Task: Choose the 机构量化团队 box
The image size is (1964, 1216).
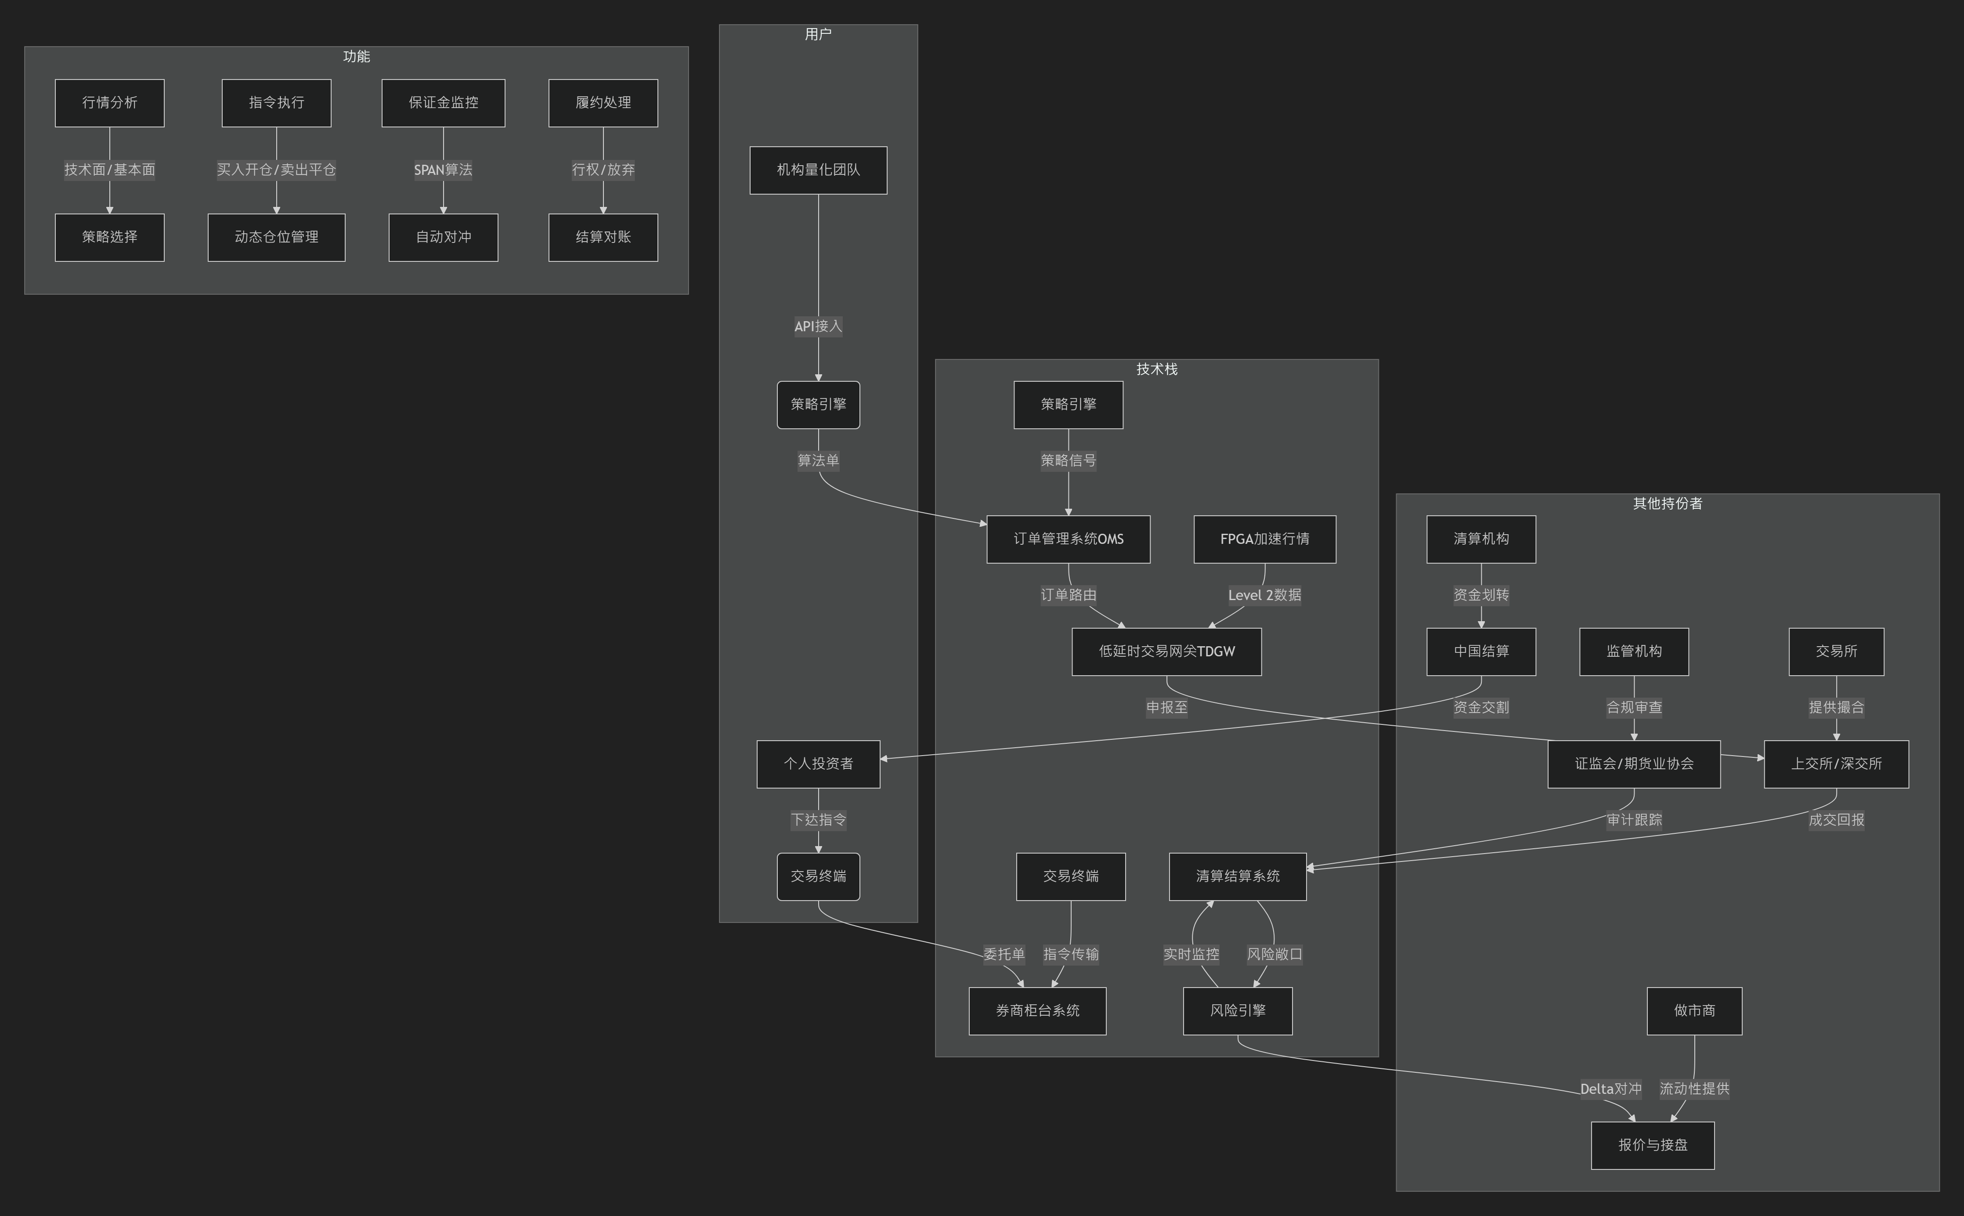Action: point(818,170)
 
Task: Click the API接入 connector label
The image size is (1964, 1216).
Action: point(818,326)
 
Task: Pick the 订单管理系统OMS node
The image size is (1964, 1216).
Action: point(1069,539)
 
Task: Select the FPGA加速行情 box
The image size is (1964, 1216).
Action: point(1264,539)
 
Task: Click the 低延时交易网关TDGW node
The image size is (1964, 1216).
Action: point(1166,651)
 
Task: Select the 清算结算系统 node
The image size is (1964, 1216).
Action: point(1237,876)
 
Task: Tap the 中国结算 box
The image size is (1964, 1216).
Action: point(1481,651)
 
